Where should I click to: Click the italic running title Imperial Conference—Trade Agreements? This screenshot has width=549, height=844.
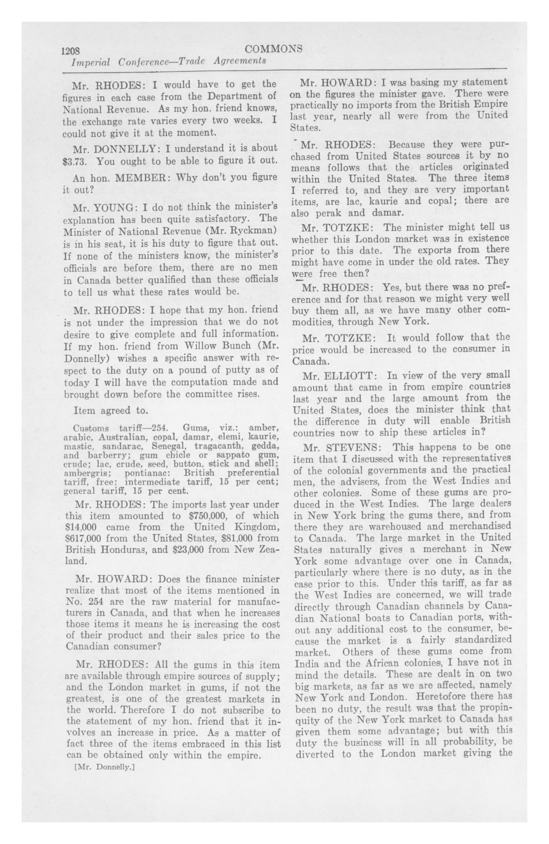pyautogui.click(x=169, y=61)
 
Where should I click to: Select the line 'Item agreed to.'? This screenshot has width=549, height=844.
pyautogui.click(x=110, y=411)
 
